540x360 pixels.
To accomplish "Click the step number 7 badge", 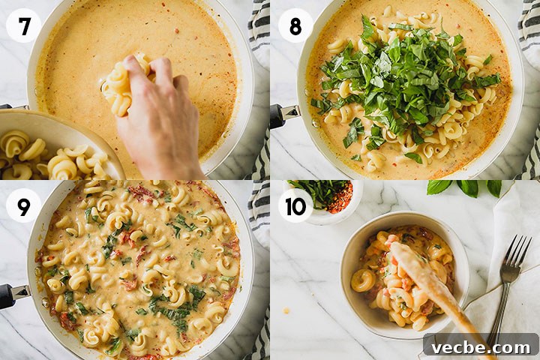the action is point(23,25).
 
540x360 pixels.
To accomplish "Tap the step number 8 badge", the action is point(295,25).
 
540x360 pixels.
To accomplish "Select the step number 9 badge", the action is point(23,205).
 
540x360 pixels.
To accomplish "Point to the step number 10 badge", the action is point(295,205).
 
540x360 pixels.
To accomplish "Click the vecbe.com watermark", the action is point(481,347).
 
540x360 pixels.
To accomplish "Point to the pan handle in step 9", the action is point(13,295).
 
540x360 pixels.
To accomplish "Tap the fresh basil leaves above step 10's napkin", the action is point(464,187).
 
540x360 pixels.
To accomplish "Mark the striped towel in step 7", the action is point(259,89).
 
